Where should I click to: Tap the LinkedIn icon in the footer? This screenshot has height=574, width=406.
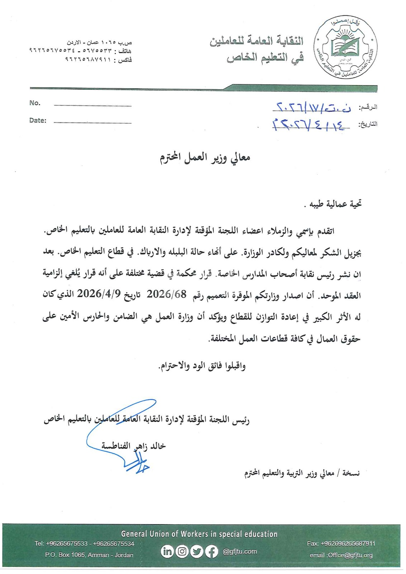point(167,551)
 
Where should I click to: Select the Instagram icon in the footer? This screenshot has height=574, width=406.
point(182,551)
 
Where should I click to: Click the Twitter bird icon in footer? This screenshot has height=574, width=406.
point(197,551)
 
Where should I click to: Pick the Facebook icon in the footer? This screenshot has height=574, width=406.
point(211,551)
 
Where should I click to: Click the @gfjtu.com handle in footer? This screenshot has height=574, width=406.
point(240,551)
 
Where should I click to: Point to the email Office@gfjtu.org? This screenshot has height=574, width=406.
point(341,555)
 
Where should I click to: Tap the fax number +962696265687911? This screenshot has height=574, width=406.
point(341,544)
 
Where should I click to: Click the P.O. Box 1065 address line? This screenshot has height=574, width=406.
point(89,555)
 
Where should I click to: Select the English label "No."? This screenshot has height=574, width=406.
point(35,103)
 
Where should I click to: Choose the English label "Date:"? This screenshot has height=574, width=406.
point(38,121)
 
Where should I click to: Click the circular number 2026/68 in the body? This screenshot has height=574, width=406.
point(167,294)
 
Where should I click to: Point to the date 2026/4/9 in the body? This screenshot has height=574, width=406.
point(94,294)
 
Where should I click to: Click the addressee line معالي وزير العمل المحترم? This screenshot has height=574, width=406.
point(205,157)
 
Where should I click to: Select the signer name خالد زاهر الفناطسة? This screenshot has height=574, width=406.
point(133,446)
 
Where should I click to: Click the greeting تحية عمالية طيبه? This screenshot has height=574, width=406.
point(332,204)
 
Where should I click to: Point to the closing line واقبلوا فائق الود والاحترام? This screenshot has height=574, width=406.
point(202,366)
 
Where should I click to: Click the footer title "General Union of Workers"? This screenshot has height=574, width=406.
point(199,534)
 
